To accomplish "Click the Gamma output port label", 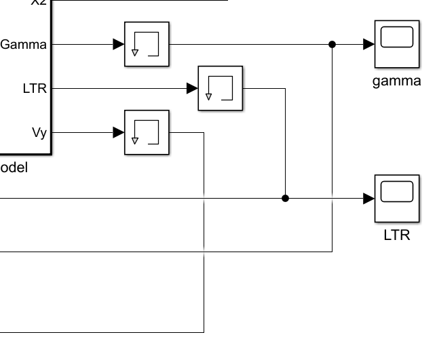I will (24, 45).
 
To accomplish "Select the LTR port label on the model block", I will (34, 88).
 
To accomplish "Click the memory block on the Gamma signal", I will (147, 45).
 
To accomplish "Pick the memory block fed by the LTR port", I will (220, 88).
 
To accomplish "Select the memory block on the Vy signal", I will (147, 132).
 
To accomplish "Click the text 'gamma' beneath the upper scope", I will (397, 82).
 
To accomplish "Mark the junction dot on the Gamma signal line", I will (332, 45).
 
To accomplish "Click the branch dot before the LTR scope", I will (285, 198).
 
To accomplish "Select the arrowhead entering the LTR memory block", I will (192, 88).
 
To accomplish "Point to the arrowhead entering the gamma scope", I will (368, 45).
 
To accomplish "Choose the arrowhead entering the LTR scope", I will (368, 198).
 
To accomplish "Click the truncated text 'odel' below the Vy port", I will (14, 168).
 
